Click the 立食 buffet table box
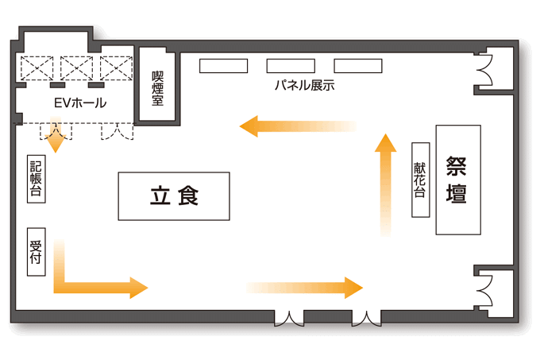(175, 195)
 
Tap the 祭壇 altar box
(458, 180)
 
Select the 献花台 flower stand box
(420, 180)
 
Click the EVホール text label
(79, 103)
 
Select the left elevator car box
(37, 68)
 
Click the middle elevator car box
(77, 68)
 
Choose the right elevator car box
(115, 68)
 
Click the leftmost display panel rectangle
(222, 66)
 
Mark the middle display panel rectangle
(290, 66)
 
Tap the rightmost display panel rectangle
(358, 66)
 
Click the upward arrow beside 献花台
(386, 183)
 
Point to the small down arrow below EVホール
(56, 138)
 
